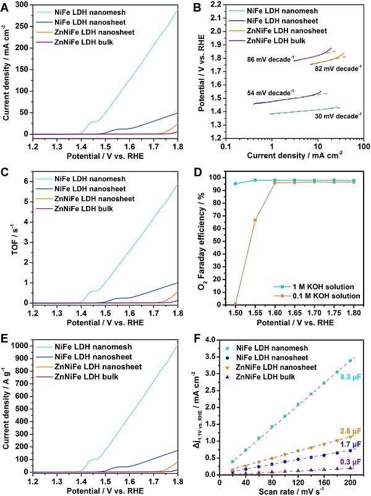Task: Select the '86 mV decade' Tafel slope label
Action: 261,60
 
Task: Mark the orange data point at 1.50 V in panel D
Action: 236,304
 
